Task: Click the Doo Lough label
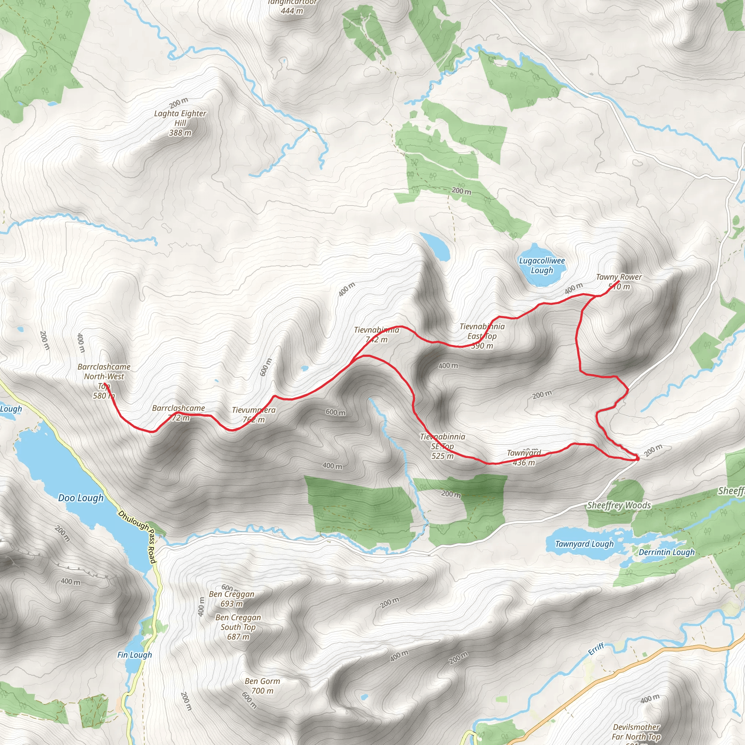point(81,498)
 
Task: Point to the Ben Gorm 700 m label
point(262,686)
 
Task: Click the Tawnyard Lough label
point(584,544)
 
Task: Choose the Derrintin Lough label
point(666,552)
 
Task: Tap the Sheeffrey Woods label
point(618,505)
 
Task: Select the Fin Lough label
point(135,655)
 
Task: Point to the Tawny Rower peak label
point(618,282)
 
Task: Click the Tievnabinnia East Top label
point(482,336)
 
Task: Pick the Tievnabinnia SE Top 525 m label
point(442,446)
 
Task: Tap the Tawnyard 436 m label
point(524,458)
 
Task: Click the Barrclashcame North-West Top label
point(104,381)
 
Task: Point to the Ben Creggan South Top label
point(238,627)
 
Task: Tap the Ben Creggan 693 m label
point(231,598)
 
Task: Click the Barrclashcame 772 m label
point(179,413)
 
